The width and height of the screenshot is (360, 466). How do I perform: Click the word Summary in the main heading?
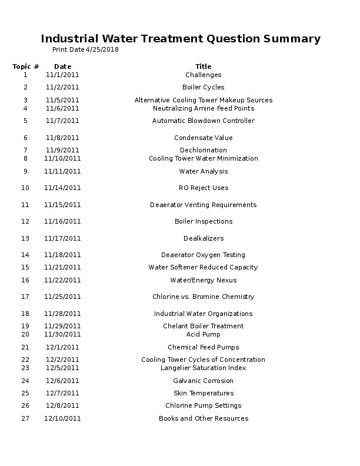click(x=292, y=39)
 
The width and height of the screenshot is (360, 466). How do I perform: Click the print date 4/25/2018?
click(x=102, y=50)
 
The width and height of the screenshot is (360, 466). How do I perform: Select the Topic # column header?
click(x=26, y=66)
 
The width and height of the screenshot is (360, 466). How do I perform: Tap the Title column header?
click(x=203, y=66)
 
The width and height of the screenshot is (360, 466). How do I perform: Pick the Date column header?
click(x=62, y=66)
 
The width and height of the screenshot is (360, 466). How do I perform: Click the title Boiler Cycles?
click(x=203, y=88)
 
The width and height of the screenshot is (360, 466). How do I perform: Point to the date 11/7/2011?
click(x=62, y=121)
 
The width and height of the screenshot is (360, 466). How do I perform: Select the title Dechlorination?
click(x=203, y=151)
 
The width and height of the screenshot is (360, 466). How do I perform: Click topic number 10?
click(x=25, y=188)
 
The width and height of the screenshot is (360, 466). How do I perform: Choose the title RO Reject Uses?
click(x=203, y=188)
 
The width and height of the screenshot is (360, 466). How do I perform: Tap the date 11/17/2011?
click(x=62, y=239)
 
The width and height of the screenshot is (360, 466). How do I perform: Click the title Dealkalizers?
click(x=203, y=239)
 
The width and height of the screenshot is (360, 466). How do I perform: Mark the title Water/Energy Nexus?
click(x=203, y=281)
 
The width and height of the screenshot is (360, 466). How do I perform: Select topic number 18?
click(x=25, y=314)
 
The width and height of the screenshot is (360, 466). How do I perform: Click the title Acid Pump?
click(x=203, y=335)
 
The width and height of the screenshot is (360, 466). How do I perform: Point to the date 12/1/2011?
click(x=62, y=348)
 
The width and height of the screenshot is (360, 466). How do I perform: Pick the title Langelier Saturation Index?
click(x=203, y=368)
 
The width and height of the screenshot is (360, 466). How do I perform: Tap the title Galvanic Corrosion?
click(x=203, y=381)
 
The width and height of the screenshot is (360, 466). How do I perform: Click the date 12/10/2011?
click(x=62, y=419)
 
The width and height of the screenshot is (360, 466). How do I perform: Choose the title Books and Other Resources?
click(x=203, y=419)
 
